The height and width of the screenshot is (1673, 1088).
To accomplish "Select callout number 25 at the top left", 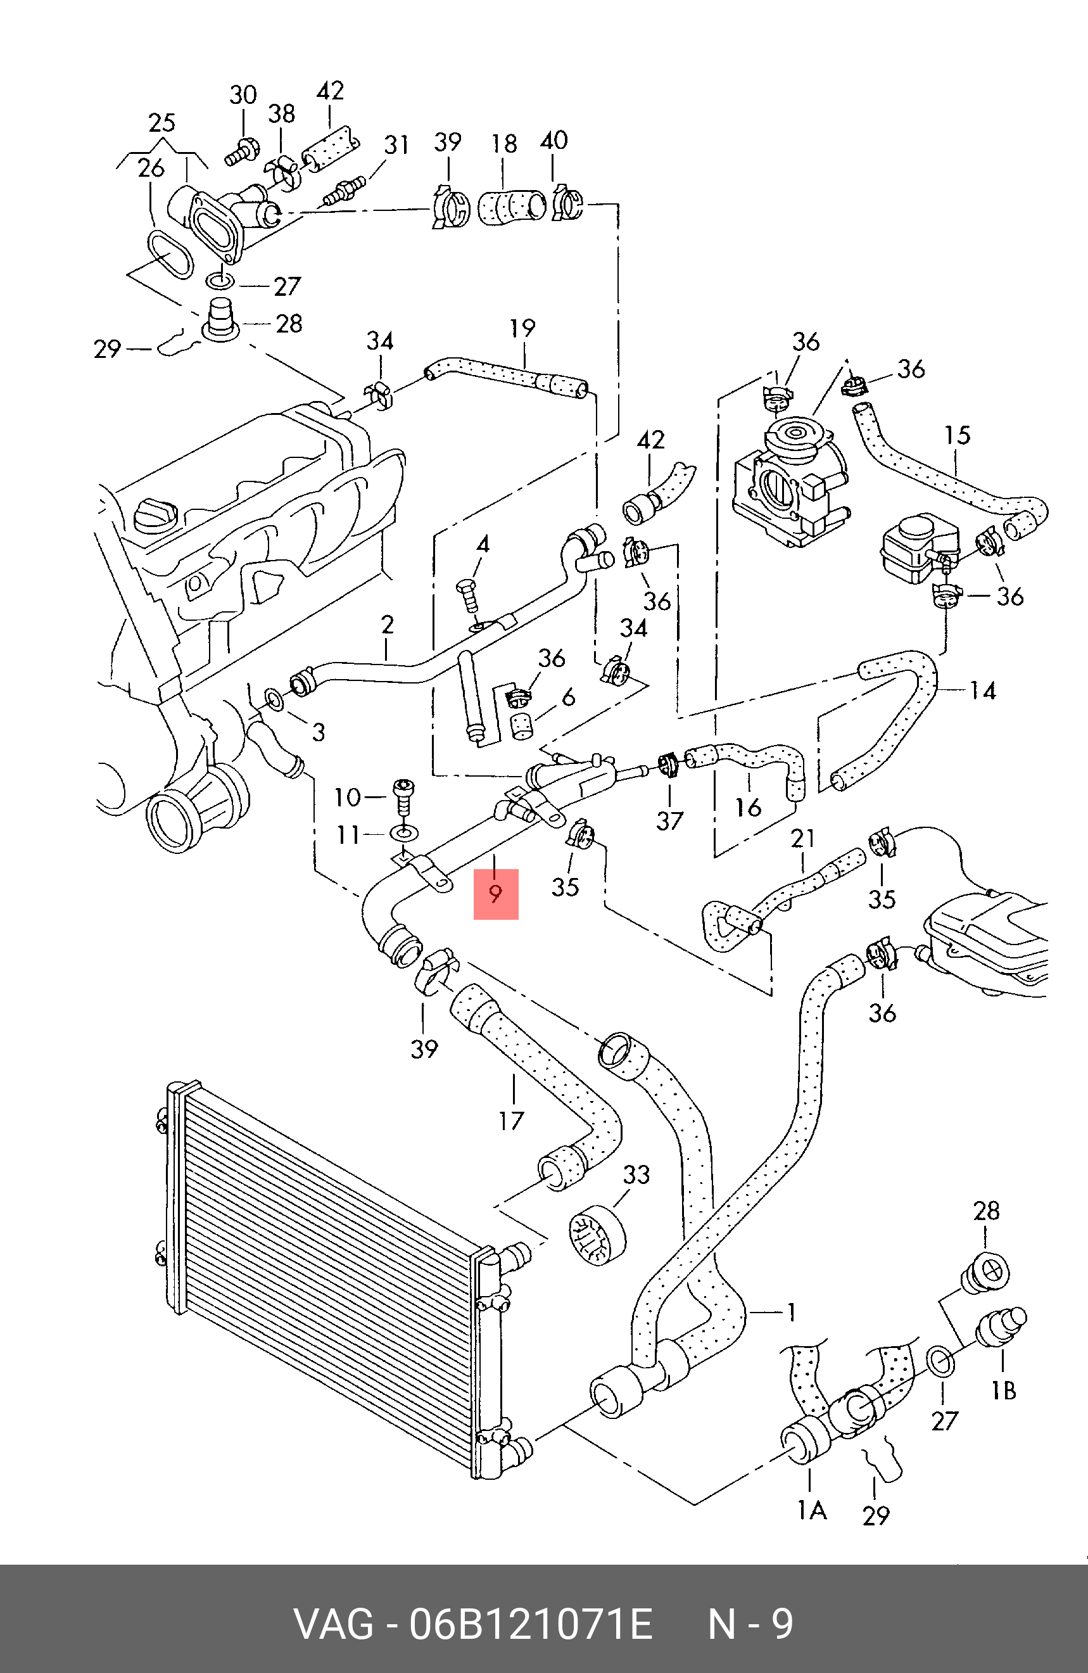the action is [x=161, y=123].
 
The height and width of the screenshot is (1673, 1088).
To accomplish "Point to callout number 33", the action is [x=636, y=1174].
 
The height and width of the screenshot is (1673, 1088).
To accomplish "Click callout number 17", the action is [x=512, y=1121].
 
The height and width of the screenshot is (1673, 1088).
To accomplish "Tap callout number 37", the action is [x=669, y=820].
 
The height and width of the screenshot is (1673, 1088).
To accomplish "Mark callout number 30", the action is [x=244, y=95].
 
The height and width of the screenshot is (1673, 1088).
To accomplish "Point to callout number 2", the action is [x=388, y=624].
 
